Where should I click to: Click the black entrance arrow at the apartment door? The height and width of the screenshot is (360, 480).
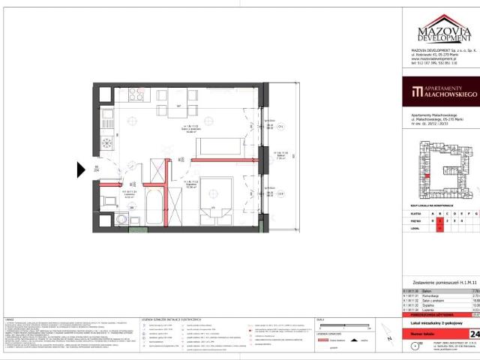82,169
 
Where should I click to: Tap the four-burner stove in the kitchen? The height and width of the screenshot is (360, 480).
136,95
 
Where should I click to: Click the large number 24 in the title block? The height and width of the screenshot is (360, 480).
474,313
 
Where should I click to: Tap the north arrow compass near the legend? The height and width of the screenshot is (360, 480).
416,345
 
